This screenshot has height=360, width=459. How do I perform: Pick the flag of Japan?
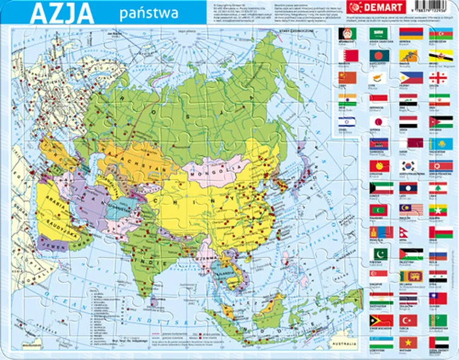pos(378,122)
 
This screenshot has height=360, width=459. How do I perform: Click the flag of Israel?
pos(347,122)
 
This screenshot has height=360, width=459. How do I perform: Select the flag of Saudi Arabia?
pos(378,34)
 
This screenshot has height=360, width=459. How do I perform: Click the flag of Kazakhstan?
pos(440,144)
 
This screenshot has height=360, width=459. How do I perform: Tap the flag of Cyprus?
pos(378,78)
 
